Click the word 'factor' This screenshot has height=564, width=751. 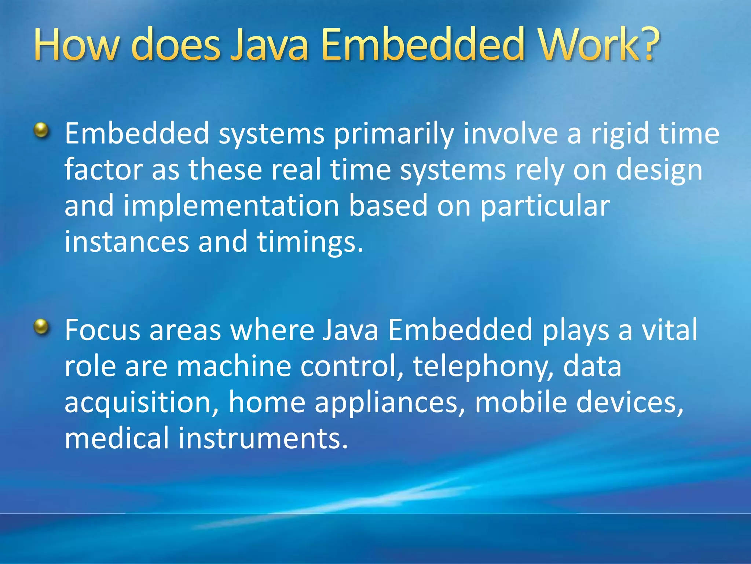(104, 170)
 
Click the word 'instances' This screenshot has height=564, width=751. (127, 242)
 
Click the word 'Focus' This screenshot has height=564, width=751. (103, 330)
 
